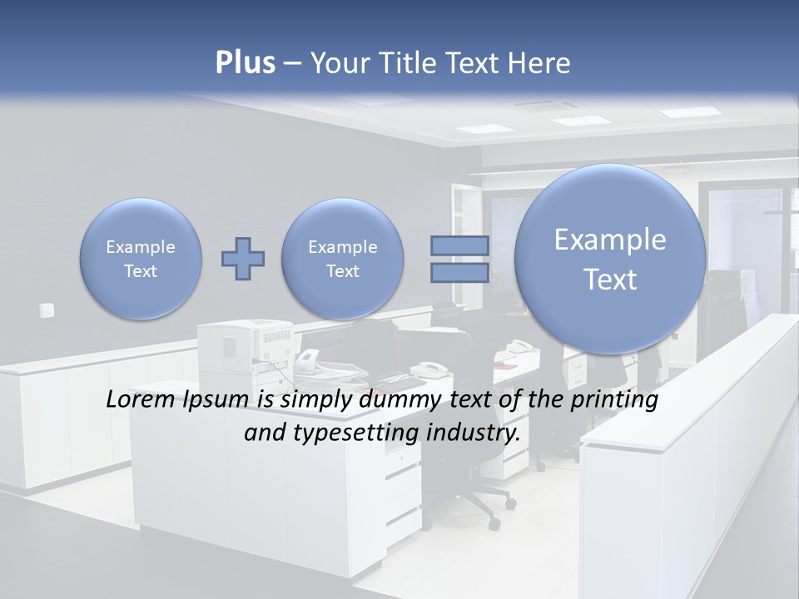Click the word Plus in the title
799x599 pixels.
(x=245, y=63)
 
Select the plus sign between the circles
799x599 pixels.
(x=243, y=259)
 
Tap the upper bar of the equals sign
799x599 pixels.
(x=459, y=245)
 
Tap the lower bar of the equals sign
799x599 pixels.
(x=459, y=273)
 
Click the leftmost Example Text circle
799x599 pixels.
(x=141, y=259)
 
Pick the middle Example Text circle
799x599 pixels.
(x=342, y=259)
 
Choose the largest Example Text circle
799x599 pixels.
(x=610, y=259)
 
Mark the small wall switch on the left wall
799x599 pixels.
(x=47, y=310)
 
